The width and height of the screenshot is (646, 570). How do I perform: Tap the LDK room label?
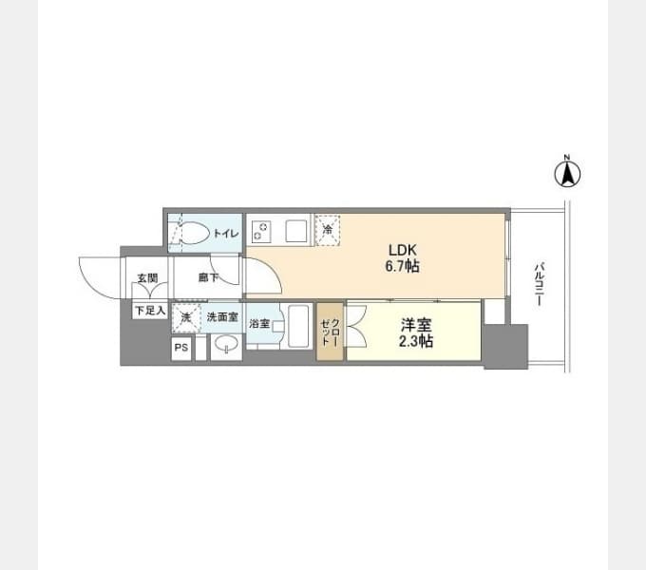403,250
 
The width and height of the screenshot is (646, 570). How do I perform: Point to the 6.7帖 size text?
403,266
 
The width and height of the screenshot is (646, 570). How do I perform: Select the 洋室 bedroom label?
416,325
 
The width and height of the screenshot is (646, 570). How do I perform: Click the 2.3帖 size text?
416,341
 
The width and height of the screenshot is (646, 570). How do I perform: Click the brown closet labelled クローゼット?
330,332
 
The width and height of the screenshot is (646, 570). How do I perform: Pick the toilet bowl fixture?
195,233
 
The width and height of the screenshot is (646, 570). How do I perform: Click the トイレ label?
225,233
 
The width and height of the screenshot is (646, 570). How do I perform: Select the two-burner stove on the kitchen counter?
261,231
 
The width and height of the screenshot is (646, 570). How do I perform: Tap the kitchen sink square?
296,231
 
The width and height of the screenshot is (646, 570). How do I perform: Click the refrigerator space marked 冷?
328,230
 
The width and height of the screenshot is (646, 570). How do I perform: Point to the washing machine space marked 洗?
186,318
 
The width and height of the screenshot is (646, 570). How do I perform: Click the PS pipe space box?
181,348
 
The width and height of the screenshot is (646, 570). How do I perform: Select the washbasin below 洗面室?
226,343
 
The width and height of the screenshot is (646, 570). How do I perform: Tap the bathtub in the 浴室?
298,326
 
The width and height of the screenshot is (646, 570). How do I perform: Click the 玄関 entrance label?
147,278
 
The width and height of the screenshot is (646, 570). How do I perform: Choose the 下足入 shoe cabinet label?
150,311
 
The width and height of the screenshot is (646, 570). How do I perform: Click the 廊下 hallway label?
208,277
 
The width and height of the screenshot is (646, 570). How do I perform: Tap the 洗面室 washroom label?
222,317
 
